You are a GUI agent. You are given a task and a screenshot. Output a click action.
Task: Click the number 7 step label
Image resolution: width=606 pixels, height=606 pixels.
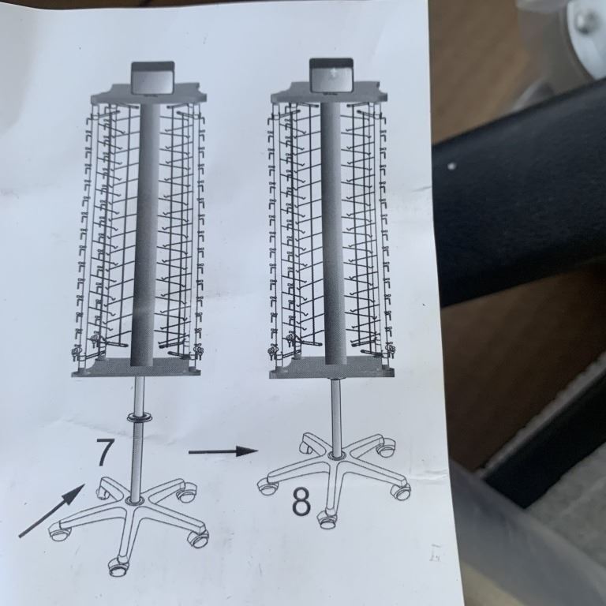[x=105, y=452]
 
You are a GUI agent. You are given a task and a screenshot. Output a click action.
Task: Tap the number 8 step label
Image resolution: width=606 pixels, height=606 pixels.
[x=301, y=502]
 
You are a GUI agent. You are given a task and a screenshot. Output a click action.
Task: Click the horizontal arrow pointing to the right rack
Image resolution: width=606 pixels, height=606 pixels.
[x=223, y=451]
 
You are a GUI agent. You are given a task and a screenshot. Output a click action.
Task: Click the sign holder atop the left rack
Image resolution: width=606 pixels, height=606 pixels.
[x=151, y=77]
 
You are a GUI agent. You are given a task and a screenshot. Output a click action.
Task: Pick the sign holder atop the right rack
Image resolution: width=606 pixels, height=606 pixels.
[x=331, y=75]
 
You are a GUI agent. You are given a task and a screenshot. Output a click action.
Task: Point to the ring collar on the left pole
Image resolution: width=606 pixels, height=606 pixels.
[x=139, y=417]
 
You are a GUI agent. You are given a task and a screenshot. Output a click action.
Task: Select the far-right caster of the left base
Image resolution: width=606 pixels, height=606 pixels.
[x=198, y=538]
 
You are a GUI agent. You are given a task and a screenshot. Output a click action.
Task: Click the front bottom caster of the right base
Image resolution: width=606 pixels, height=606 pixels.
[x=327, y=519]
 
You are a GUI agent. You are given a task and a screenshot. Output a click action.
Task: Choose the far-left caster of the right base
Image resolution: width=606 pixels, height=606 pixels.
[x=267, y=487]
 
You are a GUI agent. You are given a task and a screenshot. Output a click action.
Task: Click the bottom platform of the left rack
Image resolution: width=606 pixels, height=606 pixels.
[x=137, y=367]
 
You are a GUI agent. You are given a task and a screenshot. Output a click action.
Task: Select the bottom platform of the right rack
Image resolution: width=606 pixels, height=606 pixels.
[x=332, y=368]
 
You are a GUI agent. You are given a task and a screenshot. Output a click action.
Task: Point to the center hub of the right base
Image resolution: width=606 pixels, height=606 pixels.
[x=335, y=456]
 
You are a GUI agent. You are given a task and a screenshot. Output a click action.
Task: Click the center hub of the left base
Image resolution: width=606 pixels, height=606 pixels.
[x=134, y=501]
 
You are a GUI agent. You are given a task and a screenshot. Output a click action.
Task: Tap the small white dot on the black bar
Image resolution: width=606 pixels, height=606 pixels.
[x=451, y=166]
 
